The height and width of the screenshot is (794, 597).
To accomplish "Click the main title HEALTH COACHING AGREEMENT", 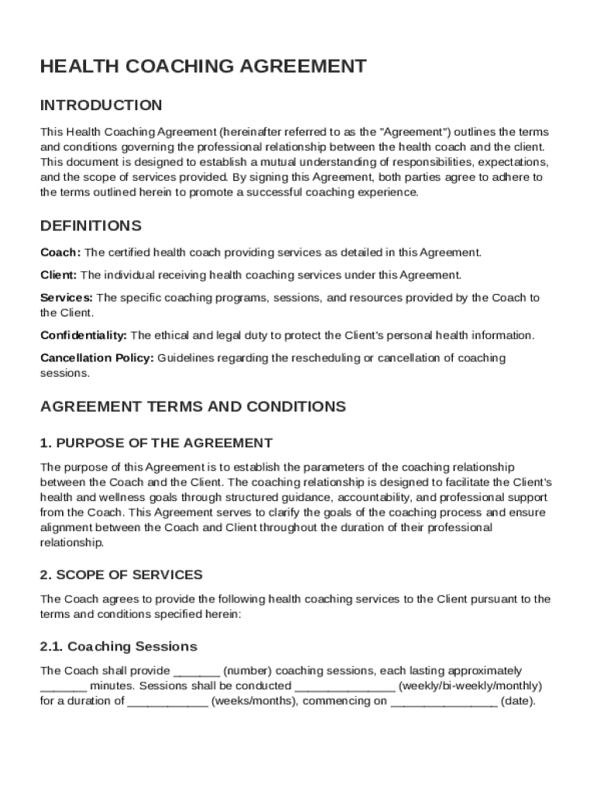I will (203, 67).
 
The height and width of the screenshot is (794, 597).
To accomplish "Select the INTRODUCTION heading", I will (101, 105).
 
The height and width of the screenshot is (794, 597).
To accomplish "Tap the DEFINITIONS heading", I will (91, 226).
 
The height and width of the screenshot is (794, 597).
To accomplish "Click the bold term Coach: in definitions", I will (60, 252).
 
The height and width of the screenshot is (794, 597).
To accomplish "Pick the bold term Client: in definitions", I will (58, 274).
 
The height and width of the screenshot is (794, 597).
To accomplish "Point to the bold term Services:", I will (67, 298).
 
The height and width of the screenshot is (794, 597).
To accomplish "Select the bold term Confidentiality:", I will (84, 335).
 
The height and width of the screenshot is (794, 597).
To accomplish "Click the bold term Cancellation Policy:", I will (97, 358).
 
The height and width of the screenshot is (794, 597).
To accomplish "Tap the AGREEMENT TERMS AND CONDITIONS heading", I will (193, 406).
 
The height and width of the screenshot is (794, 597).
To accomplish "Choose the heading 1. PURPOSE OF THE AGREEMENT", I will (156, 443).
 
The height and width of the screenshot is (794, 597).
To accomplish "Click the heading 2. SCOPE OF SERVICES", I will (121, 575).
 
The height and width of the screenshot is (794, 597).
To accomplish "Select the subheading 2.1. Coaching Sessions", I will (119, 646).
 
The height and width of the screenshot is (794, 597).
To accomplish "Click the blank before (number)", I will (197, 671).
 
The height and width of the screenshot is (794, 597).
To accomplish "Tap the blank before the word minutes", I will (63, 686).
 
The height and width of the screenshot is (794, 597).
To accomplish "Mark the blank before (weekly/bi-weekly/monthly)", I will (344, 686).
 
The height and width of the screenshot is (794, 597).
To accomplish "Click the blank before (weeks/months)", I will (167, 702).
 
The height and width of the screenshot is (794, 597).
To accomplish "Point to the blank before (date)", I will (443, 702).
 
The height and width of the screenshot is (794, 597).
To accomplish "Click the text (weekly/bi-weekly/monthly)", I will (469, 686).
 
